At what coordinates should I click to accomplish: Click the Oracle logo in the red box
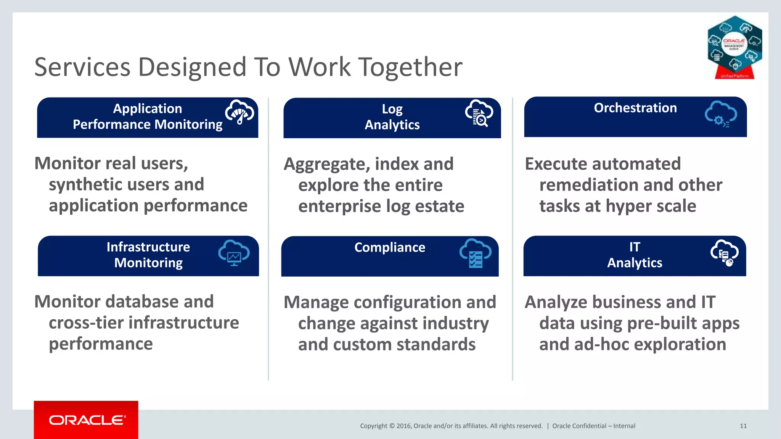coord(87,420)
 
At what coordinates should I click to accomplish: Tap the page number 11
coord(743,426)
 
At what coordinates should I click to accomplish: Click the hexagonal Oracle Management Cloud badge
coord(734,47)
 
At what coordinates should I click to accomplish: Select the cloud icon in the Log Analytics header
coord(479,113)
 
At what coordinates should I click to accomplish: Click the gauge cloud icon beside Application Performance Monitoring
coord(239,112)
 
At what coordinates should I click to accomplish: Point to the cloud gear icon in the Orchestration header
coord(720,114)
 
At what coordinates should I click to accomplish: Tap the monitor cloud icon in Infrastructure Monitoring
coord(234,253)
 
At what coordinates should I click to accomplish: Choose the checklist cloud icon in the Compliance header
coord(475,253)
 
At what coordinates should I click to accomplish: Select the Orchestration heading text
coord(635,108)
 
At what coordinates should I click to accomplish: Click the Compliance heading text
coord(389,247)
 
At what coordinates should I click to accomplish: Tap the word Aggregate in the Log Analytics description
coord(326,165)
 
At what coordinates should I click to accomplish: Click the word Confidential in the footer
coord(589,426)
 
